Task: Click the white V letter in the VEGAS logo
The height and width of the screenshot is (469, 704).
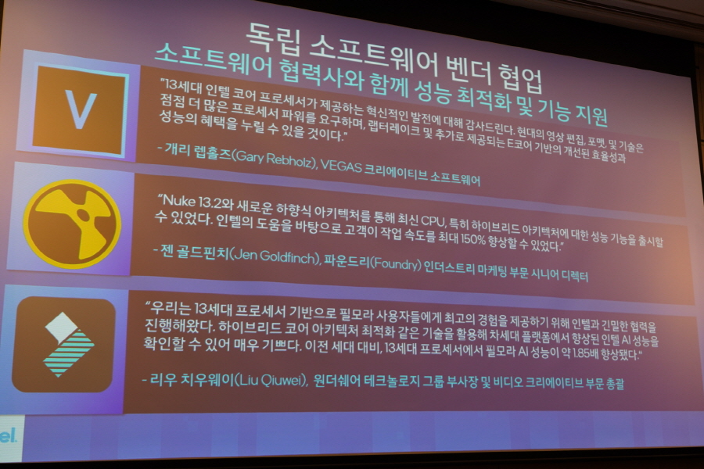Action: [81, 109]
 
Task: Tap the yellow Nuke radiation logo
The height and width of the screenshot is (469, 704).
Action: [72, 224]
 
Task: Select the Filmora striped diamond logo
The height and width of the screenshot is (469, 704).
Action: [67, 344]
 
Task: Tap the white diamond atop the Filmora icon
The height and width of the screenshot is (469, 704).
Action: [63, 326]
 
